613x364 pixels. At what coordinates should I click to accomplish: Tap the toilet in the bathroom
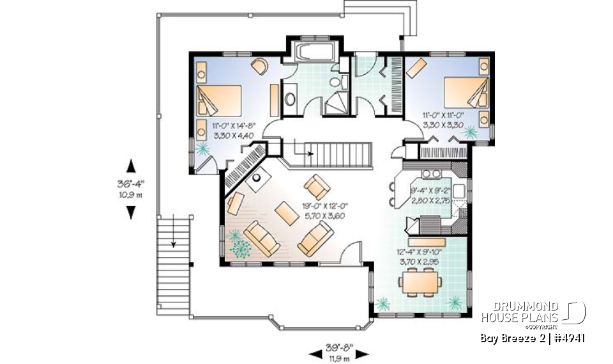(x=342, y=83)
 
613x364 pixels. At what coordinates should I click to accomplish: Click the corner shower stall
(x=337, y=105)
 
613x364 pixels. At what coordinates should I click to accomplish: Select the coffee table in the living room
(x=282, y=213)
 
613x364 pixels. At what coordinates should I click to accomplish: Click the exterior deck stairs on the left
(x=173, y=240)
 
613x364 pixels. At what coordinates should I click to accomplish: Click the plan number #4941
(x=566, y=338)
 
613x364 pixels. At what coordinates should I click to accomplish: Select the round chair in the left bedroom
(x=260, y=66)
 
